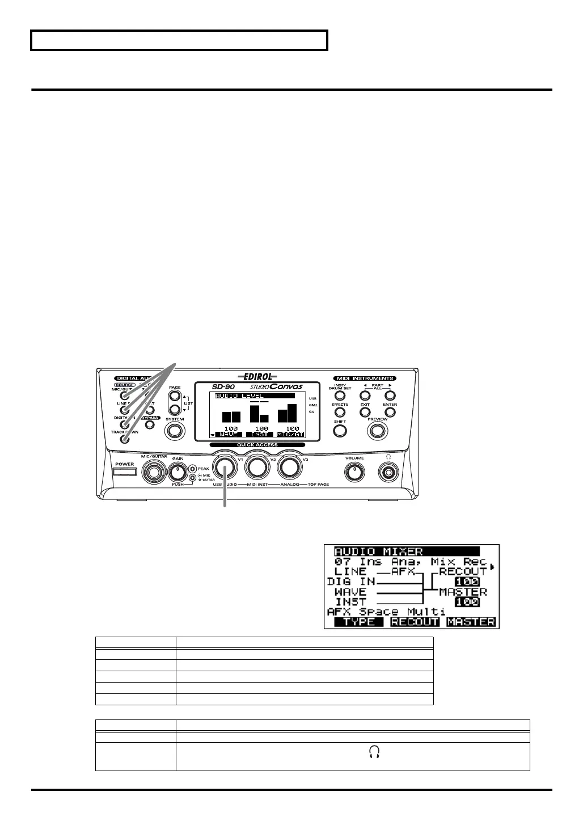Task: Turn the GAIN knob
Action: (178, 471)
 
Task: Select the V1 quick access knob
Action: (226, 467)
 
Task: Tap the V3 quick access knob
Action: (290, 467)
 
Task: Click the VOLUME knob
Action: (355, 471)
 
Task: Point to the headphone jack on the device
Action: (388, 472)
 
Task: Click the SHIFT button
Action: (340, 431)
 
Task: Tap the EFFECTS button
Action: (340, 412)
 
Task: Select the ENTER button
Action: (390, 412)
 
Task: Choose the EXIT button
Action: (365, 412)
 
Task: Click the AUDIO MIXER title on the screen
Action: (379, 551)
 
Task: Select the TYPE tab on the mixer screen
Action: (360, 622)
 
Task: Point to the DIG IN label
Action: (350, 582)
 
